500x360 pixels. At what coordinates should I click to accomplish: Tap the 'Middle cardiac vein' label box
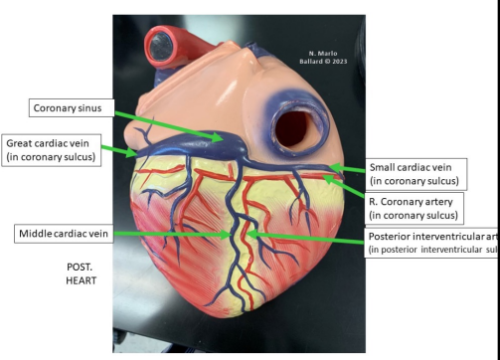tap(62, 234)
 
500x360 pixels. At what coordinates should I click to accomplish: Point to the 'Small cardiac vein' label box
tap(413, 174)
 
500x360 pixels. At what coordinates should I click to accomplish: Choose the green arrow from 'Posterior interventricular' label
tap(308, 236)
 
